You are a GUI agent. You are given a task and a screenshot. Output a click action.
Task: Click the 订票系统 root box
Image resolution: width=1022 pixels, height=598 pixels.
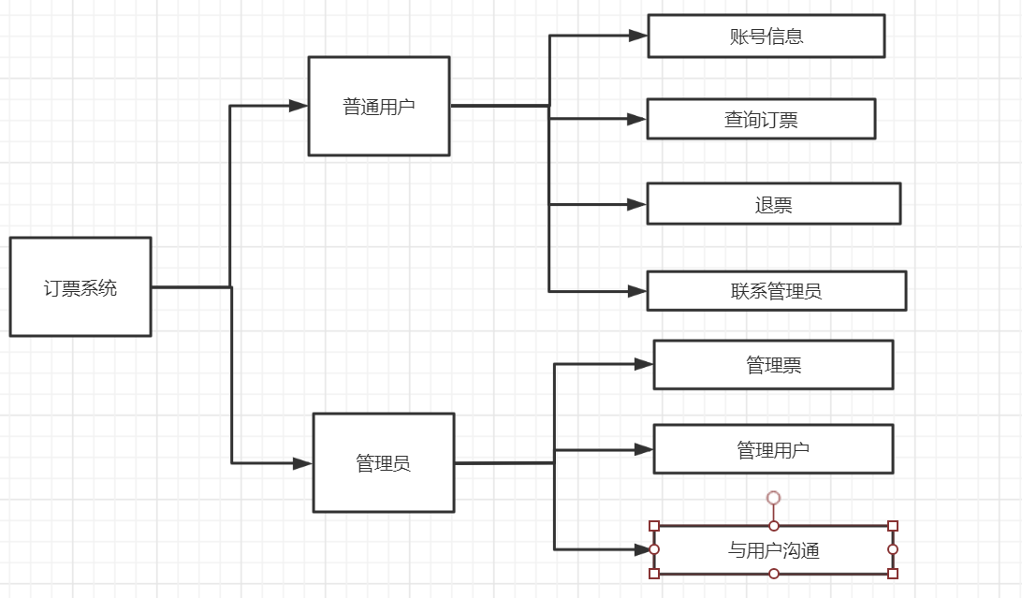80,287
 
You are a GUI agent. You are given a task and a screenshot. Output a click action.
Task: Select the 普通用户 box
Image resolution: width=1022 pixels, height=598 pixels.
379,107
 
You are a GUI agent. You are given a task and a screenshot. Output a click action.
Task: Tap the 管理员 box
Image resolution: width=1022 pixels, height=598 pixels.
384,463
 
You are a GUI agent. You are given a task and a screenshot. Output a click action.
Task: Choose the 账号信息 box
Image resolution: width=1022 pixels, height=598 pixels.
766,36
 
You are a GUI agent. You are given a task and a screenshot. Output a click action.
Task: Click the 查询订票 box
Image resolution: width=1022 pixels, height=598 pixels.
761,119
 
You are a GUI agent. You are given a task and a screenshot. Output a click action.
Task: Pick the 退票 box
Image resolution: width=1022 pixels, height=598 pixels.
773,204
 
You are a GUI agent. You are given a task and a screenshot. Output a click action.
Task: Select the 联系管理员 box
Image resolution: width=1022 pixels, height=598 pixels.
776,291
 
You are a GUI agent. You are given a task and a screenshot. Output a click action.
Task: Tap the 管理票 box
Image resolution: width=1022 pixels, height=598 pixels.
773,365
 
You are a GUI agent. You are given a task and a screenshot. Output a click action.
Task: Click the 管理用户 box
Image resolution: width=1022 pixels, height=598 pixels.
773,449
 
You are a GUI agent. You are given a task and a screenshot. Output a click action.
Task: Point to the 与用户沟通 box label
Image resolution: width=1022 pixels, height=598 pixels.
773,550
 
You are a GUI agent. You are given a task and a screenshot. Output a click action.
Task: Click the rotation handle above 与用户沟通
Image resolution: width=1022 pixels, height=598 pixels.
773,498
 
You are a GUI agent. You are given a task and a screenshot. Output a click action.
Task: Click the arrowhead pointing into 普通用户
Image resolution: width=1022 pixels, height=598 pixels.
299,106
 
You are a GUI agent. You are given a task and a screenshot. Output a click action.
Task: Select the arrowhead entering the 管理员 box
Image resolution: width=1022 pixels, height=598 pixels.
302,463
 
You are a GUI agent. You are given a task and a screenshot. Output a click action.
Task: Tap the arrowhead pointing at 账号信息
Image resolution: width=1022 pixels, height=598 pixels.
638,36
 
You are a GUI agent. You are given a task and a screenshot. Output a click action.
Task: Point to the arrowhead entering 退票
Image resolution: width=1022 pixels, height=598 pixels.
637,204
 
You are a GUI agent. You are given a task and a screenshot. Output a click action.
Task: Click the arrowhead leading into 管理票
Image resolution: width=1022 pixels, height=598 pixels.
644,364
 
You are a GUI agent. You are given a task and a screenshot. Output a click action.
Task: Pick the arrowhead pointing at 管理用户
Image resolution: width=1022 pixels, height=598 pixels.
644,449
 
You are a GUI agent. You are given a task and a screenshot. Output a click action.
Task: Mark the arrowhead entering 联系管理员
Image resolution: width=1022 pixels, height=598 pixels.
637,291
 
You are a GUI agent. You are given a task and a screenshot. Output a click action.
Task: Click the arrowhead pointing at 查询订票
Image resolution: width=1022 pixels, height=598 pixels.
637,119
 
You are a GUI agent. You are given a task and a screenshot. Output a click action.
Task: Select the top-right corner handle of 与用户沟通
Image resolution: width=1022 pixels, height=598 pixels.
892,526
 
